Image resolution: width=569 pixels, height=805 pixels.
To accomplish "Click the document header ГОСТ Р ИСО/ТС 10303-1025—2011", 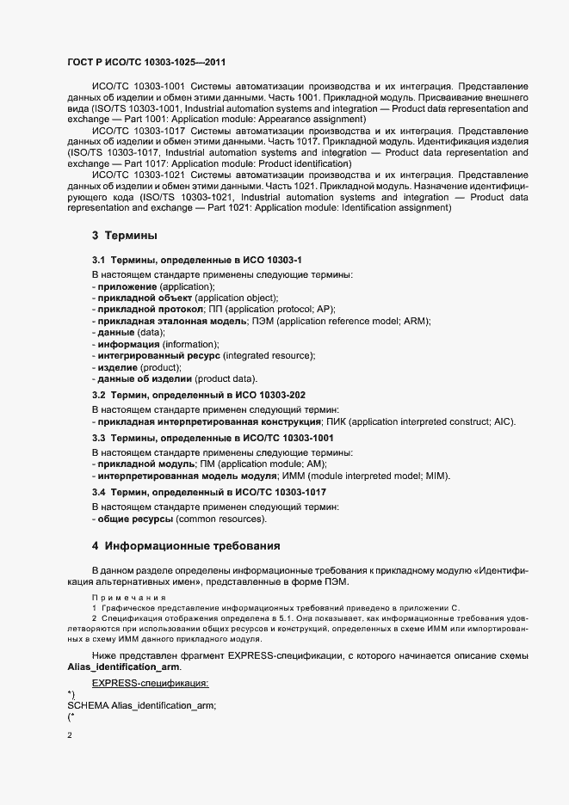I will click(x=147, y=63).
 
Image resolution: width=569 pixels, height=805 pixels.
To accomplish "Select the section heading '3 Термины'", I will click(x=124, y=236).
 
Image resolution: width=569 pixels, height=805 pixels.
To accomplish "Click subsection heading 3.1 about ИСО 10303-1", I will click(x=197, y=260).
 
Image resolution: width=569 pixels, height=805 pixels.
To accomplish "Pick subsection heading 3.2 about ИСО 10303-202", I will click(x=199, y=395).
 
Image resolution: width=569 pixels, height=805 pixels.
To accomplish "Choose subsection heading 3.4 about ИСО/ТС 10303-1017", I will click(x=209, y=492).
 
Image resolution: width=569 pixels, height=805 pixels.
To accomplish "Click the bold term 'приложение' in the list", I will click(x=127, y=286).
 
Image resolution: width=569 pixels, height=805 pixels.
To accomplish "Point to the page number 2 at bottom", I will click(x=70, y=735).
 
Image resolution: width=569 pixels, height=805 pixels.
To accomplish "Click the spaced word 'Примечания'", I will click(x=120, y=596).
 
